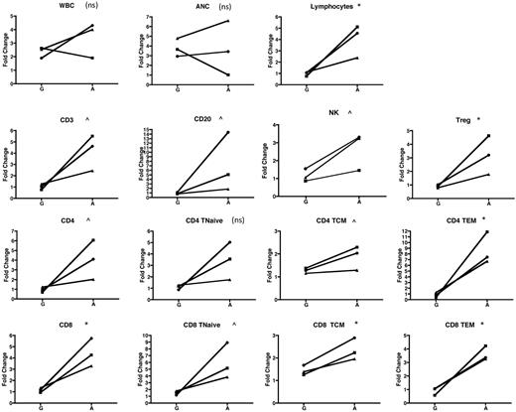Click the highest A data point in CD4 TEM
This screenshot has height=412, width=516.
(488, 231)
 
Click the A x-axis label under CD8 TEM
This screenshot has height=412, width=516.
(488, 405)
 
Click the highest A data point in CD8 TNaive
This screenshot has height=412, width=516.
(227, 343)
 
